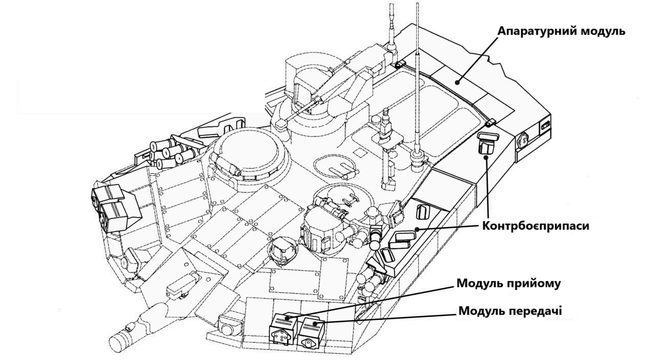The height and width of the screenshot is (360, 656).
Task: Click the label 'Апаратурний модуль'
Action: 561,31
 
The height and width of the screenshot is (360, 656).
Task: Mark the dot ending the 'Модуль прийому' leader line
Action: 289,318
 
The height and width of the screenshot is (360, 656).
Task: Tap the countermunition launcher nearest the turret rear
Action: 486,144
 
